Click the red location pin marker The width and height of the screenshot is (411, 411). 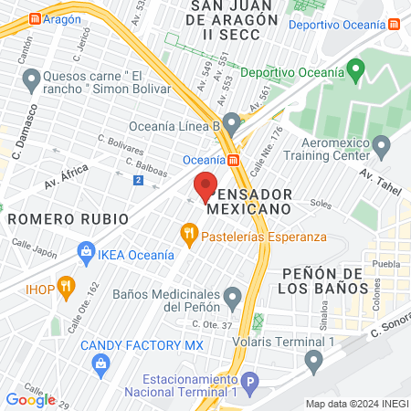(206, 185)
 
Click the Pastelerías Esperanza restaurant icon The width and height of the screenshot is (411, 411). (189, 234)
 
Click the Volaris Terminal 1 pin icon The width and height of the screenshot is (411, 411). (314, 363)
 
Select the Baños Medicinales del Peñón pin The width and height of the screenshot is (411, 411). (233, 298)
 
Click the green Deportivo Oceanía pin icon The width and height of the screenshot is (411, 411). (356, 68)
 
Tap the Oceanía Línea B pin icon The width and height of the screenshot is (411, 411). (232, 121)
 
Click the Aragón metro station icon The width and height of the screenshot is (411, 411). (35, 18)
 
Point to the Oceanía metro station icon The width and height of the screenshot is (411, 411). (235, 160)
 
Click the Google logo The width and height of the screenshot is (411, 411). (30, 399)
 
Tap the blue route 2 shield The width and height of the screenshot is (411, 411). (137, 180)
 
